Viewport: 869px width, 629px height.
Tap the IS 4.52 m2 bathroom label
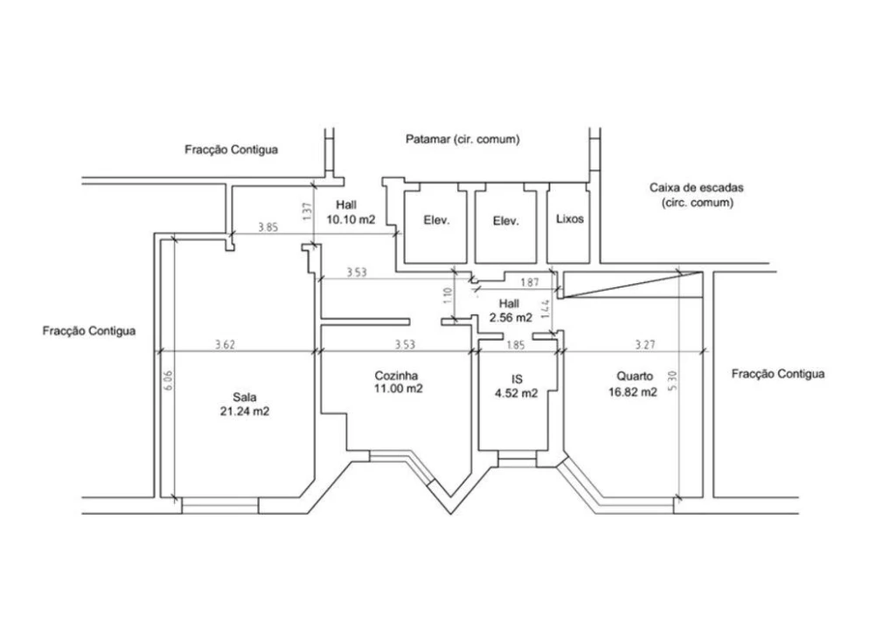click(x=516, y=386)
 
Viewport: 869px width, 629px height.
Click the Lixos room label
click(x=569, y=219)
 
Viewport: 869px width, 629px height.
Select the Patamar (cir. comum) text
click(x=462, y=139)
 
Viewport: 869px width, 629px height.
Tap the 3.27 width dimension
click(x=644, y=344)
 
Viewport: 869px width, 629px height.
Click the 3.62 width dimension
click(x=225, y=344)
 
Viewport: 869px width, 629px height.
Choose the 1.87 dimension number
click(x=528, y=281)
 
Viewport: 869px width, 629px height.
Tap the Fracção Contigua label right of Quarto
click(x=777, y=374)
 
